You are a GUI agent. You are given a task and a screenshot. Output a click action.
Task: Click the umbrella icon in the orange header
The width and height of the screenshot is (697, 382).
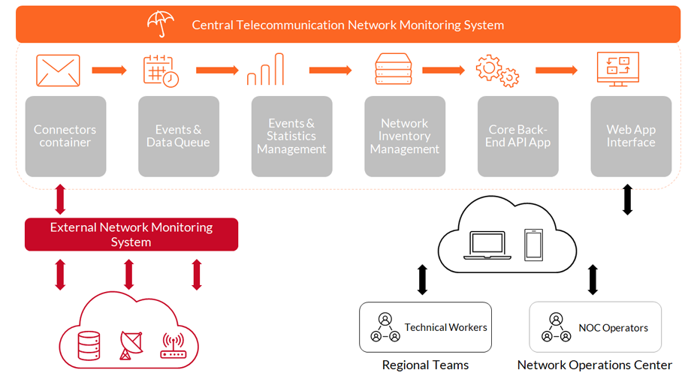(161, 24)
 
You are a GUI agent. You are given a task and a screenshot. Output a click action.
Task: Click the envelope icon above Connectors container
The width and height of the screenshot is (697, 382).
(58, 71)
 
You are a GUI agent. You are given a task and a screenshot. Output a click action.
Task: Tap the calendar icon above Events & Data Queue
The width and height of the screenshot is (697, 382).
(161, 71)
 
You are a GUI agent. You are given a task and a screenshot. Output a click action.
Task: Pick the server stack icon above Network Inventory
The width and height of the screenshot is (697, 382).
(393, 70)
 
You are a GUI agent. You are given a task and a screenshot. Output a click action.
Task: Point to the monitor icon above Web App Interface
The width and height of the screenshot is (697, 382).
(617, 69)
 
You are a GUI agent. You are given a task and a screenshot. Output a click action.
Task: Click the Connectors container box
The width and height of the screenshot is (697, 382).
(65, 137)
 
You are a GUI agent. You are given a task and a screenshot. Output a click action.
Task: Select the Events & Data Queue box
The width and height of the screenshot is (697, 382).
(179, 137)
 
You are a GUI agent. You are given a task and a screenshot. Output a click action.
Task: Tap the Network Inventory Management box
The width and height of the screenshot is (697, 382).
(405, 137)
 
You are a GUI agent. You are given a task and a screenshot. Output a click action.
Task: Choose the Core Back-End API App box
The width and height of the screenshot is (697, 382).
(518, 137)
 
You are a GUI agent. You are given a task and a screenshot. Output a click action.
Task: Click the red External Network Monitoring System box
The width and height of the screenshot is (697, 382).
(131, 234)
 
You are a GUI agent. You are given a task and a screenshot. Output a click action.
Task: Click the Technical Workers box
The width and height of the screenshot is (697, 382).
(425, 327)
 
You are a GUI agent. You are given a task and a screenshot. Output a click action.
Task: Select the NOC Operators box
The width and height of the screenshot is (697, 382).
(595, 327)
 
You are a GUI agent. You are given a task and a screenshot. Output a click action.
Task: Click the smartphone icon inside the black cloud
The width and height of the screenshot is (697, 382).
(533, 245)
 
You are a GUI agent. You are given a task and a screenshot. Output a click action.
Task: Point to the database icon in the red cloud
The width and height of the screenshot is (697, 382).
(89, 345)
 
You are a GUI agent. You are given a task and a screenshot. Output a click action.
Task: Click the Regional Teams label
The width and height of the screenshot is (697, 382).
(425, 365)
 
